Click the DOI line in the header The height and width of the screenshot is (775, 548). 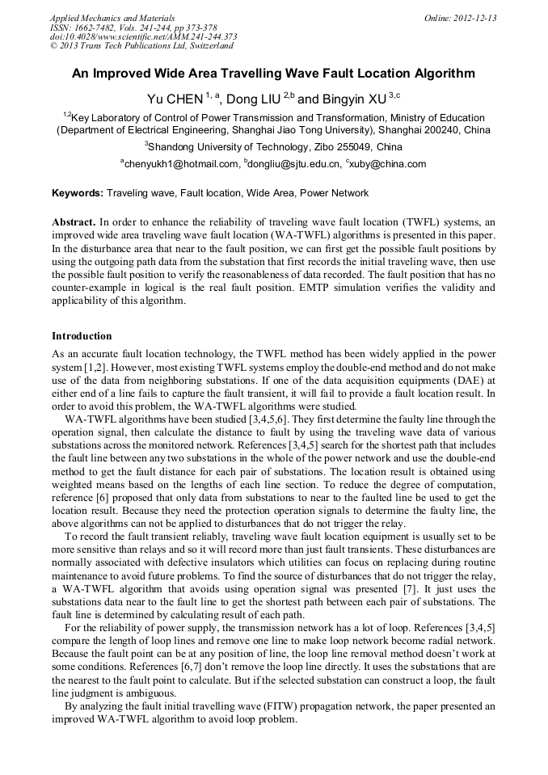pos(143,36)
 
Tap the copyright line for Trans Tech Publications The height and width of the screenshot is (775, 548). pos(135,46)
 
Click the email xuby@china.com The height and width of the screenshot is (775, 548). pos(388,164)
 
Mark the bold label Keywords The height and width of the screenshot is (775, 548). pos(77,193)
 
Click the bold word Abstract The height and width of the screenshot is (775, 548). pos(74,221)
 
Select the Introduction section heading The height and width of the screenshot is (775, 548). pos(82,335)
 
